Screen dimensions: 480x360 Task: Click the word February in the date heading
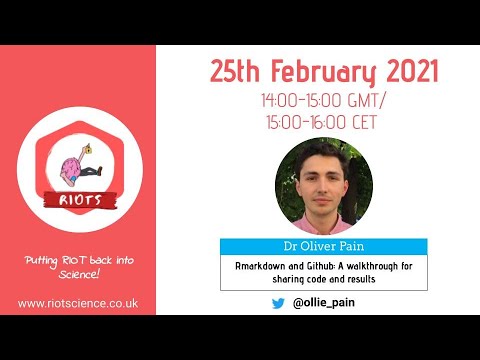pos(323,72)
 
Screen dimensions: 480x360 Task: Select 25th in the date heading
pos(235,71)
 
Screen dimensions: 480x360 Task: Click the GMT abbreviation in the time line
pos(364,100)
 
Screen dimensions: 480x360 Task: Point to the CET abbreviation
pos(364,122)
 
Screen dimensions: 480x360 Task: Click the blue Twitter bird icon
pos(278,303)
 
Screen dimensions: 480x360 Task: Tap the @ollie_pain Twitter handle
pos(324,303)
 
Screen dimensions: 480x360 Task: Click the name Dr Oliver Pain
pos(324,246)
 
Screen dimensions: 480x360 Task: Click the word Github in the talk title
pos(317,266)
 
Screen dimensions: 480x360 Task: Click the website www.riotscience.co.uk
pos(78,304)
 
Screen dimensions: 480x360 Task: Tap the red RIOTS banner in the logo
pos(80,200)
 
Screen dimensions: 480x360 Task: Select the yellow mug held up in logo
pos(88,149)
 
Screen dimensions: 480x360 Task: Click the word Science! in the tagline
pos(79,274)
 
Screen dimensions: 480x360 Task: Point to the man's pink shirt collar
pos(322,223)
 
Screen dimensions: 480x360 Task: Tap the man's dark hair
pos(322,154)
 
